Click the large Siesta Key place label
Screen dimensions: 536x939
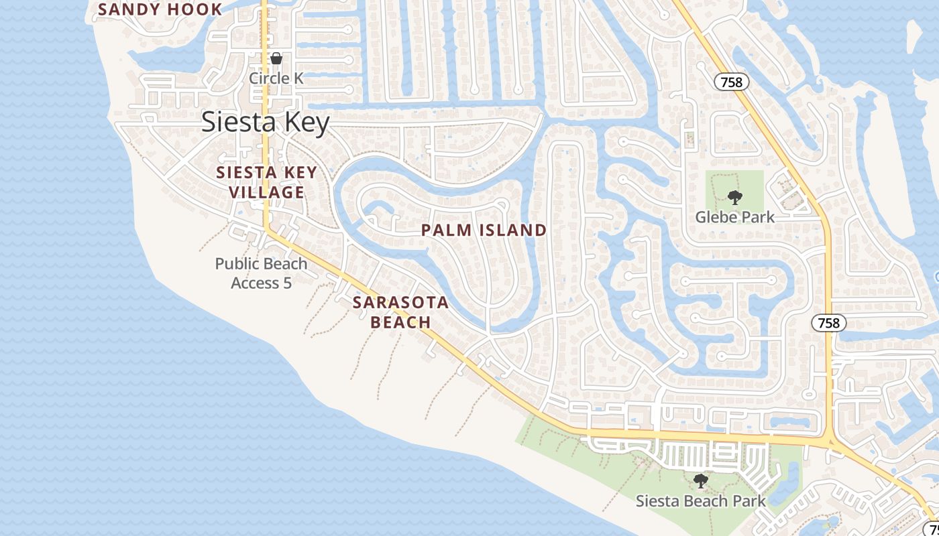[266, 123]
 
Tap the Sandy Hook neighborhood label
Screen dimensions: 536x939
[160, 9]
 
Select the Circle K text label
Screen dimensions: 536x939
[276, 78]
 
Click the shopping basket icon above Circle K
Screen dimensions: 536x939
[276, 58]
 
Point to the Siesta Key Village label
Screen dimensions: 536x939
[266, 182]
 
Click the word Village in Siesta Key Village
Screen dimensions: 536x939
[266, 192]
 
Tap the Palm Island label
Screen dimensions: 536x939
[484, 230]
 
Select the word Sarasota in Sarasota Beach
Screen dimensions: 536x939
[400, 302]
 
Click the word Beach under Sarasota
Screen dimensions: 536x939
[400, 322]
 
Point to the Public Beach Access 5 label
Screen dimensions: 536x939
[261, 273]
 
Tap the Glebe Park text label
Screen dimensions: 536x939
[734, 217]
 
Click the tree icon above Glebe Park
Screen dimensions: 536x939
[735, 198]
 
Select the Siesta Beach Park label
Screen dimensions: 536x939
[700, 500]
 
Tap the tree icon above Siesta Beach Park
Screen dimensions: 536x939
[700, 480]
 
